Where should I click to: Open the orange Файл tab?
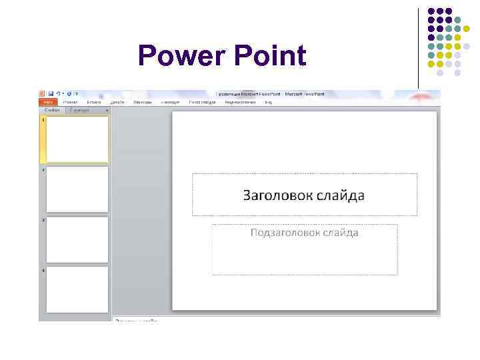point(48,103)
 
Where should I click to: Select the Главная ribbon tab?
point(70,103)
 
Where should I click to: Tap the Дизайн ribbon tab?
point(117,103)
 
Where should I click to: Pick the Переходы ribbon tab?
point(142,103)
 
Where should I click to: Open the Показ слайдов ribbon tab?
point(202,103)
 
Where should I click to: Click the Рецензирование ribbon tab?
point(241,103)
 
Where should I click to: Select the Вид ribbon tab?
point(268,103)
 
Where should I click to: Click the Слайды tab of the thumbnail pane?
point(52,110)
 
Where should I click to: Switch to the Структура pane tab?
point(80,110)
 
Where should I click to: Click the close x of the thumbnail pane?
point(107,110)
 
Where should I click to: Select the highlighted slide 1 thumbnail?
point(77,139)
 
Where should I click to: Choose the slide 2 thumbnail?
point(77,189)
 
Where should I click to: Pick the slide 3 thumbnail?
point(77,239)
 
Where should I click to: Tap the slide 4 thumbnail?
point(77,289)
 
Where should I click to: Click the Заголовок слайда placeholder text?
point(304,195)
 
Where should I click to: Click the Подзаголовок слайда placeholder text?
point(304,233)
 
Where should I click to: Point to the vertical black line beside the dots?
point(419,47)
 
